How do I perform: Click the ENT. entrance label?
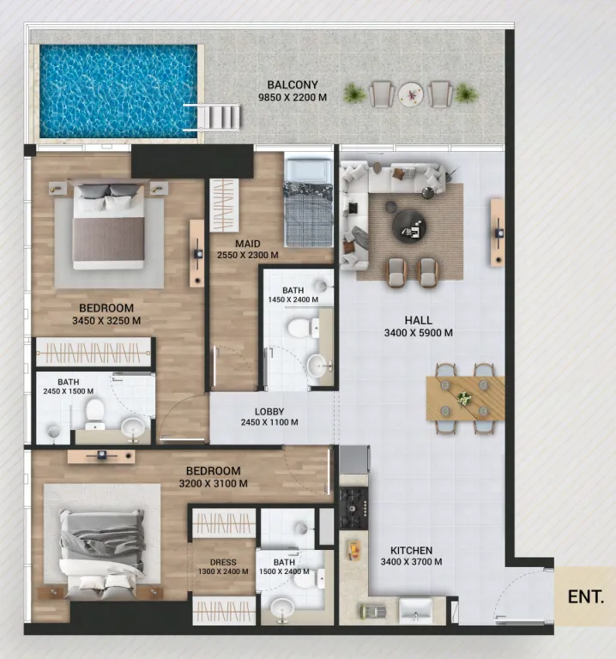coord(586,596)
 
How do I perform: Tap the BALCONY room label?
coord(293,85)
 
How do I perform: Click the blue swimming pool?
coord(117,92)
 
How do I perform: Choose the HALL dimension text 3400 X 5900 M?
coord(419,333)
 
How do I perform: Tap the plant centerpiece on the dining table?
coord(464,398)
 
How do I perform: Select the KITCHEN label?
coord(412,551)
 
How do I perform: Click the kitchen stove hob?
coord(353,508)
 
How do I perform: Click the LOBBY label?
coord(269,411)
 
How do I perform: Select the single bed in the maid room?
coord(309,202)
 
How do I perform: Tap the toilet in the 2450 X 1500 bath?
coord(94,411)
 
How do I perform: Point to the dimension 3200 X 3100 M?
coord(214,484)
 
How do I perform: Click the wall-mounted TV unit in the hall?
coord(497,232)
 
